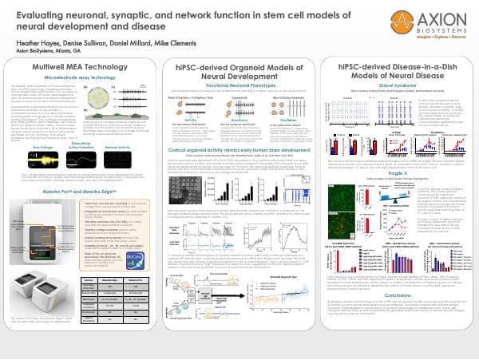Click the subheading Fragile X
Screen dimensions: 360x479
click(396, 196)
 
